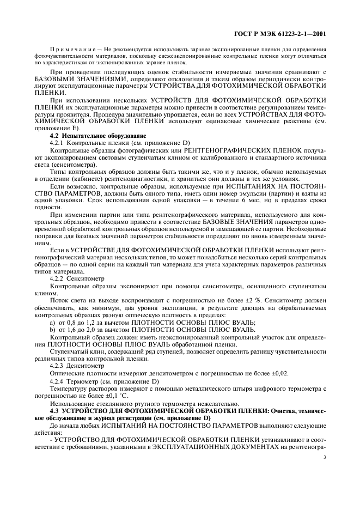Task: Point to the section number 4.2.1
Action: pyautogui.click(x=58, y=142)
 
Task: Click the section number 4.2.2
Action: pyautogui.click(x=58, y=278)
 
